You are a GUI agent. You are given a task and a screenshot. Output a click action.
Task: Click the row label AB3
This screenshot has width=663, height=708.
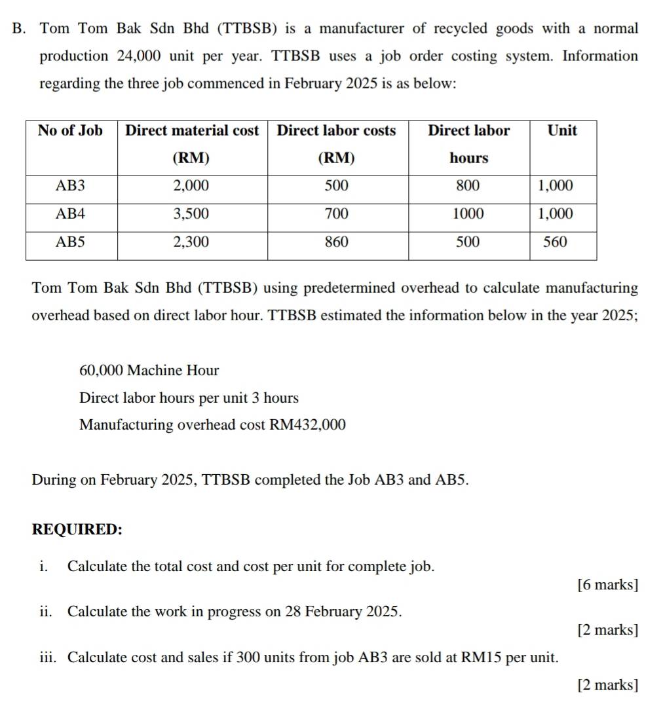click(71, 186)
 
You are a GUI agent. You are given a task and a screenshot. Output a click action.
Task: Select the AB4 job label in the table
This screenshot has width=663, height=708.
click(71, 214)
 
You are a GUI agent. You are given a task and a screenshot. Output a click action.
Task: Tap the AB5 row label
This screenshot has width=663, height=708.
click(71, 242)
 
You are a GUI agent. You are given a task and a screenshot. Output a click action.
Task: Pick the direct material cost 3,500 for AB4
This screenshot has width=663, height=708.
click(191, 214)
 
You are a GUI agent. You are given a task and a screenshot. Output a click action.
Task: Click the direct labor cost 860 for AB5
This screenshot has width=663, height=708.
click(337, 242)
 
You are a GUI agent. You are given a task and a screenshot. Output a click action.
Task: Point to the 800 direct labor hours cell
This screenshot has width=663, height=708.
click(468, 186)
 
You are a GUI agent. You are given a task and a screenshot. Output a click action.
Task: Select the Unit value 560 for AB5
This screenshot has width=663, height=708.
click(556, 242)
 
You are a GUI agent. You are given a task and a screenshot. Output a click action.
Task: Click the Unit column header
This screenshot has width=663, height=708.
click(562, 130)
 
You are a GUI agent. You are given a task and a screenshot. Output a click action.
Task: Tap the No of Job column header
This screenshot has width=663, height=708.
click(70, 130)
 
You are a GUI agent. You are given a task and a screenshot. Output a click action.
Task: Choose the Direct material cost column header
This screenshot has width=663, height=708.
click(192, 130)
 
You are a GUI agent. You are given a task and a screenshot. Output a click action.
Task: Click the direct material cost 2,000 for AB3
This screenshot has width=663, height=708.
click(191, 186)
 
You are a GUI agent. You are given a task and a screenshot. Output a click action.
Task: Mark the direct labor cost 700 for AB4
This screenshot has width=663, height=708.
click(337, 214)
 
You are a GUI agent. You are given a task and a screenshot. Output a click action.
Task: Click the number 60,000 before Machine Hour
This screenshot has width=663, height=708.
click(101, 371)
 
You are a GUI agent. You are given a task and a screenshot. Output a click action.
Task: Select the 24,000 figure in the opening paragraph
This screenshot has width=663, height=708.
click(139, 56)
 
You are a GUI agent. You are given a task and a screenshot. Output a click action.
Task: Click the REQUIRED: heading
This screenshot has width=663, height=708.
click(77, 530)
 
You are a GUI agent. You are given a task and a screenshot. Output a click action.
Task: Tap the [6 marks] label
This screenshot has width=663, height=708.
click(608, 585)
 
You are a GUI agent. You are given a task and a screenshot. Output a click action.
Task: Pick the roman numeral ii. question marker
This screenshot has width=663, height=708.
click(45, 612)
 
